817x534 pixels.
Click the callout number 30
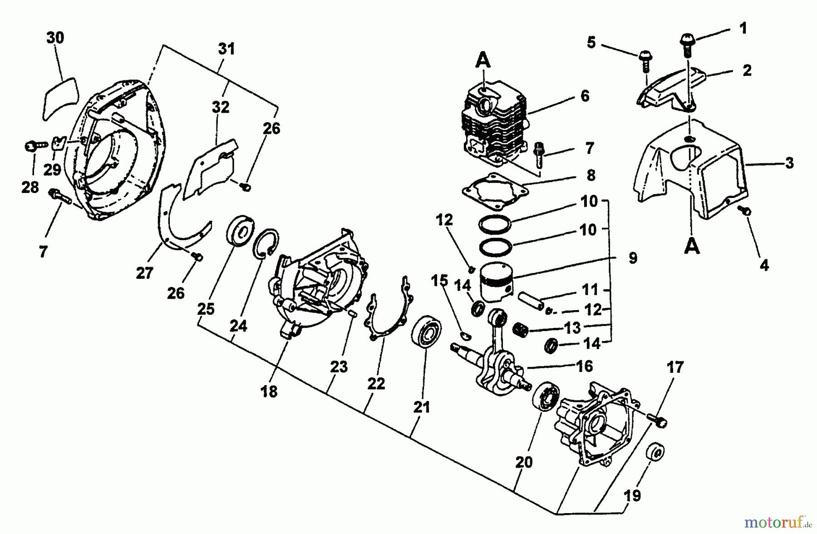[55, 38]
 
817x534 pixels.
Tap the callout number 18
[269, 391]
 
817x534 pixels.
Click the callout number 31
[226, 49]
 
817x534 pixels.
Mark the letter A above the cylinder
[483, 59]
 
